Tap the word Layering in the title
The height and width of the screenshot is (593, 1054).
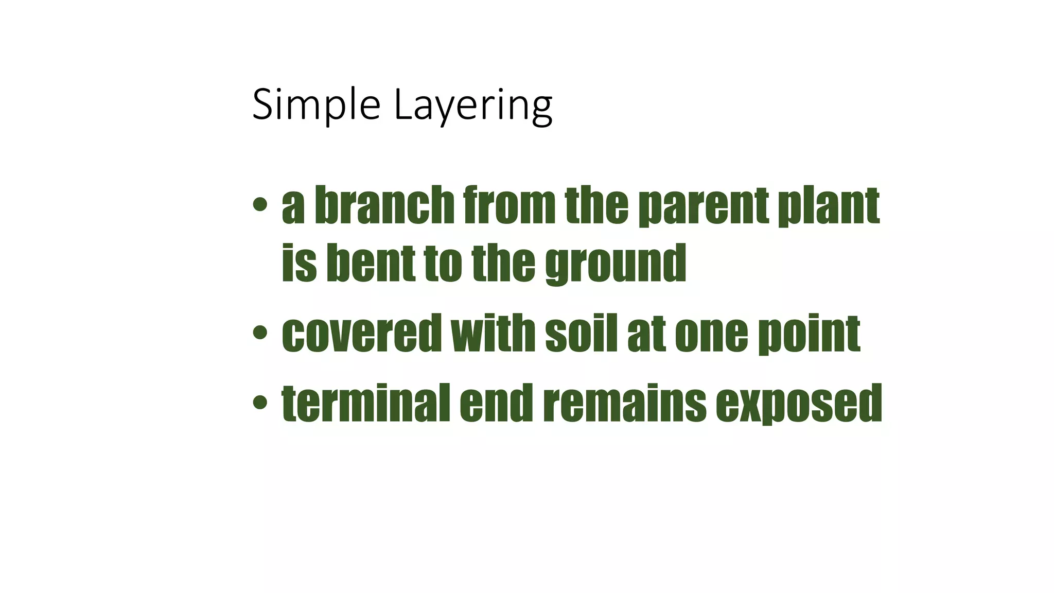coord(473,107)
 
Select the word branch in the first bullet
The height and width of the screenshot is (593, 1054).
coord(384,205)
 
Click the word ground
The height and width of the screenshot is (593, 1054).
coord(616,265)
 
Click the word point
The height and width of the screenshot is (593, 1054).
coord(809,335)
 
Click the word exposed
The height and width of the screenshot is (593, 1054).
coord(799,405)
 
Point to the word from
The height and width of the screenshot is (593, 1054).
coord(509,205)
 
